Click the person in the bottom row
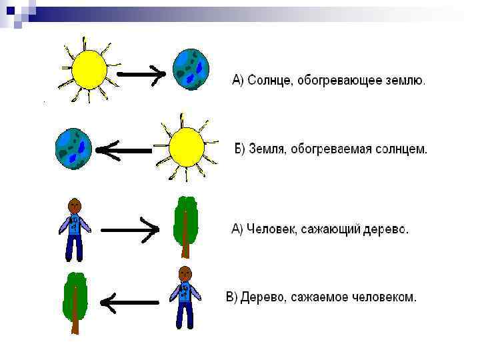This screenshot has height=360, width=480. (x=185, y=297)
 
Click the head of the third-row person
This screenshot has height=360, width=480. (x=75, y=205)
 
